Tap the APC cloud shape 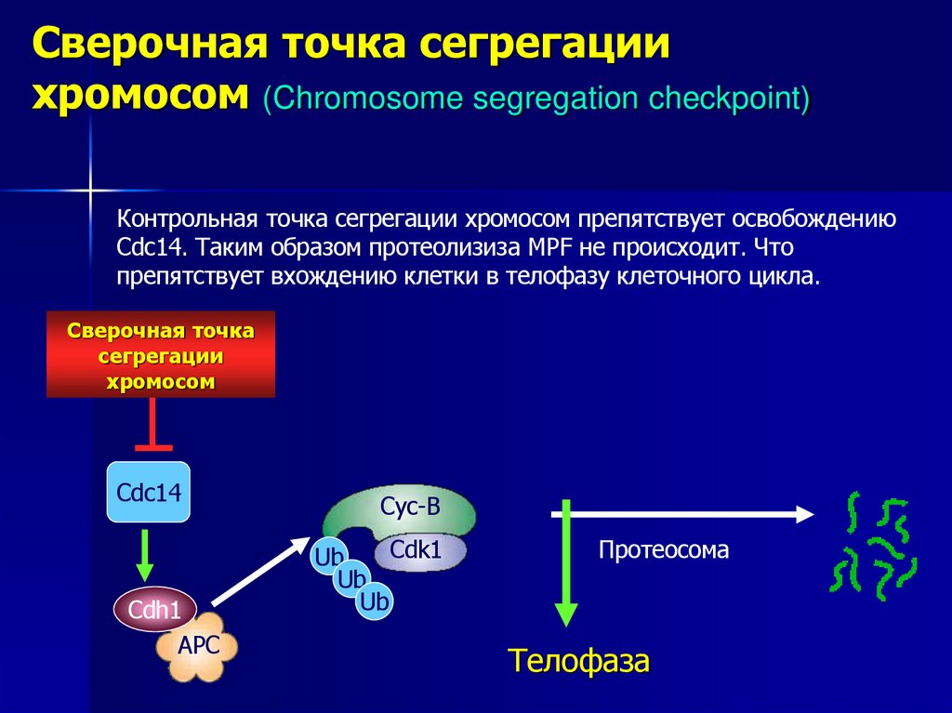tap(197, 645)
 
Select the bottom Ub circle tap(374, 602)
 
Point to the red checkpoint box tap(161, 355)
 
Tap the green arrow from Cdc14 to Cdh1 tap(144, 556)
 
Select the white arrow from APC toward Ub tap(260, 571)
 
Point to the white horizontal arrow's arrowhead tap(802, 512)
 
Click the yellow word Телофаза tap(578, 662)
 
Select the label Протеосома tap(664, 550)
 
